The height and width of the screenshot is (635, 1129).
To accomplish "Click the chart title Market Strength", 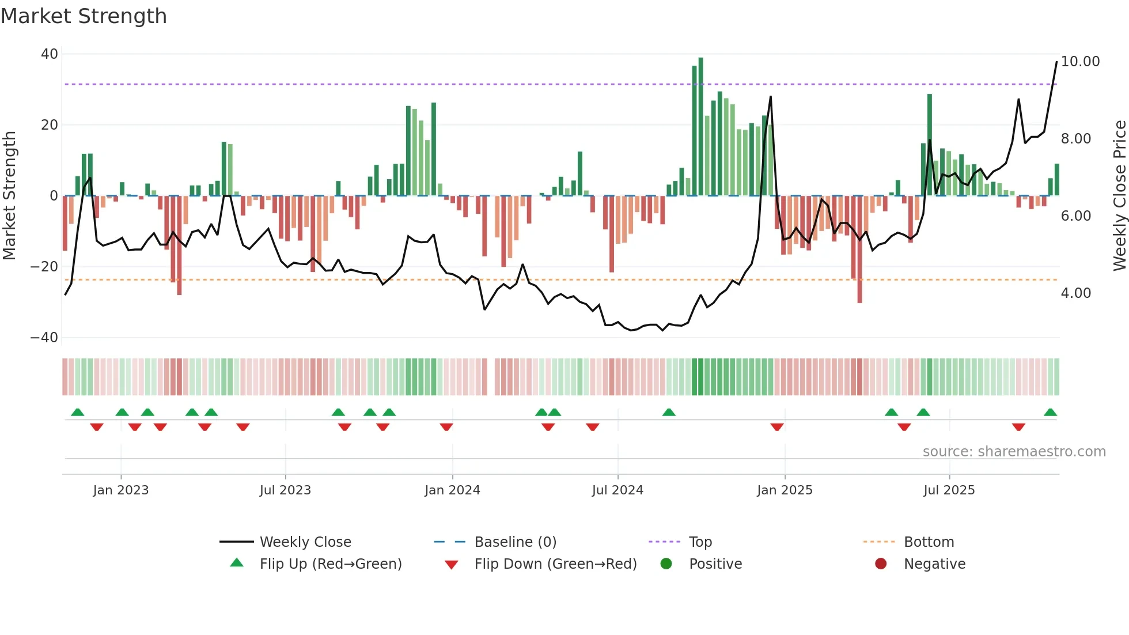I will [84, 16].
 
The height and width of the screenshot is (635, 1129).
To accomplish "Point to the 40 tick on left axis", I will [50, 54].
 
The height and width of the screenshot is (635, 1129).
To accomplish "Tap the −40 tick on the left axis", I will [44, 338].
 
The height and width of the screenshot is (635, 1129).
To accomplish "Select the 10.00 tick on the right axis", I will [1080, 62].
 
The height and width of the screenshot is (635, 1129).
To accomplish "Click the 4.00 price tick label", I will [1075, 293].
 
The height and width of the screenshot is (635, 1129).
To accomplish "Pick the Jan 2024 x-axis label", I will [452, 490].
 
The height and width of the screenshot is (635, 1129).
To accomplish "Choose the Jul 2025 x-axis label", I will [949, 490].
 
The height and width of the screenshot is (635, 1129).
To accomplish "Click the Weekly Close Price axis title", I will [1119, 196].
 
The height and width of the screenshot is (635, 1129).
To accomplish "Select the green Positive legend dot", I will [666, 564].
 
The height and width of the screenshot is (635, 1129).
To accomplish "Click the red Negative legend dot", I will [881, 564].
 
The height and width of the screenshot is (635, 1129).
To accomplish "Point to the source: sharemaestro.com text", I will [1014, 452].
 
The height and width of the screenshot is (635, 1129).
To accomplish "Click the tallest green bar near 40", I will [700, 127].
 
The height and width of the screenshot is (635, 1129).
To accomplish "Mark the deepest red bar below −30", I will [859, 249].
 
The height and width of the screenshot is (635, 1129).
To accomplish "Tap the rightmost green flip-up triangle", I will [1050, 413].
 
